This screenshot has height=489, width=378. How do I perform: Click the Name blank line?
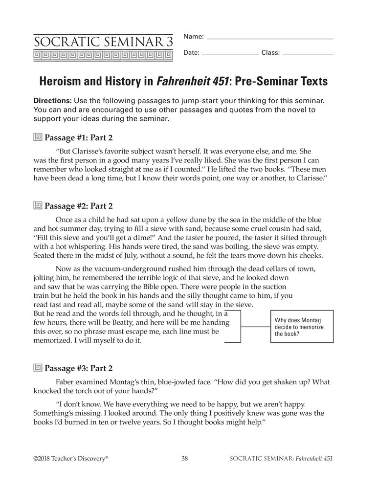point(270,38)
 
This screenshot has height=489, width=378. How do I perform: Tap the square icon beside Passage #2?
point(38,206)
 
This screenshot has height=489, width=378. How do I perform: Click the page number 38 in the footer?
point(185,458)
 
